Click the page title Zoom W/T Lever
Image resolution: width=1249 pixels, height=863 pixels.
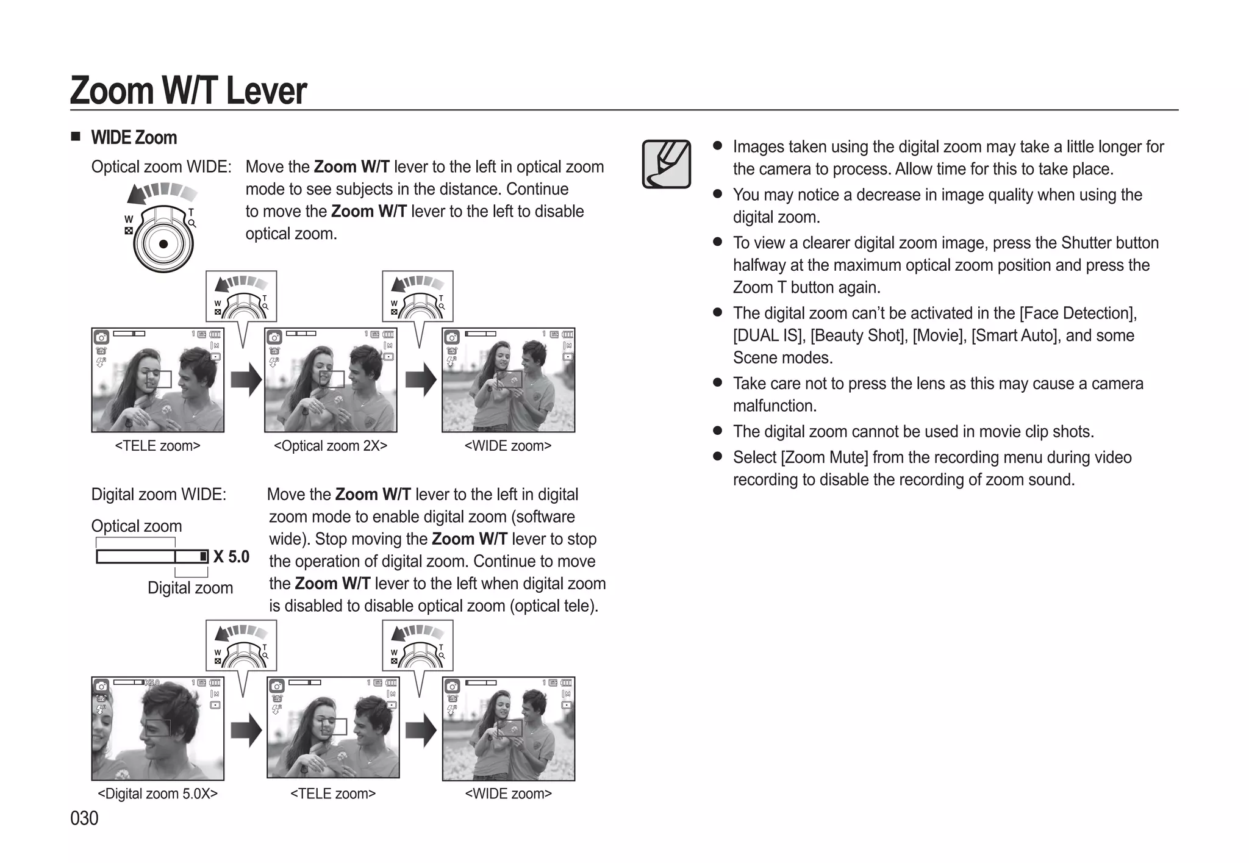tap(188, 91)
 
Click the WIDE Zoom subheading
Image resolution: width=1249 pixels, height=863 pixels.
tap(134, 138)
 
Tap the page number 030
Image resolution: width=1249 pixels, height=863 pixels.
tap(84, 818)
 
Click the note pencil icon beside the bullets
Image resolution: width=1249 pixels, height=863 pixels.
tap(666, 164)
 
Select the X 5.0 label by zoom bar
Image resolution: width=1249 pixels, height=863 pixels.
tap(231, 556)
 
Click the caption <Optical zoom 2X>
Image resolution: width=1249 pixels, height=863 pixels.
tap(331, 446)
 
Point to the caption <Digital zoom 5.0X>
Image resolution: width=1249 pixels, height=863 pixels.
tap(157, 793)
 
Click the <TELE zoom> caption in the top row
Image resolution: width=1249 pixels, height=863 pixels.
tap(157, 446)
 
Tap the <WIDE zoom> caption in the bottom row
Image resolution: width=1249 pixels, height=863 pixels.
tap(508, 793)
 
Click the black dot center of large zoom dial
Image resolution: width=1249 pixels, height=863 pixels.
tap(163, 244)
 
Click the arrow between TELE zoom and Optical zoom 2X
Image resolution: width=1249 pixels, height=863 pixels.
tap(246, 379)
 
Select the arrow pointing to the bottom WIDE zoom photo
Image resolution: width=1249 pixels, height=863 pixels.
tap(421, 729)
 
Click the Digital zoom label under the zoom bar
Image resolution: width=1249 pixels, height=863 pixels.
tap(190, 588)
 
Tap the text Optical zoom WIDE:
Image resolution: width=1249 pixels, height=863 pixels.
tap(161, 167)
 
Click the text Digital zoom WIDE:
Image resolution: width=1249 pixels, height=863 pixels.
tap(159, 495)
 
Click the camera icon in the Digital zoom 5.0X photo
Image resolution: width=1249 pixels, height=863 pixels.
tap(102, 686)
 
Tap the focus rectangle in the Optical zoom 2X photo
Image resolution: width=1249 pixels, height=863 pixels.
tap(332, 379)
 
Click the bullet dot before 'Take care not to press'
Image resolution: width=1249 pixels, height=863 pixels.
tap(717, 383)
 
